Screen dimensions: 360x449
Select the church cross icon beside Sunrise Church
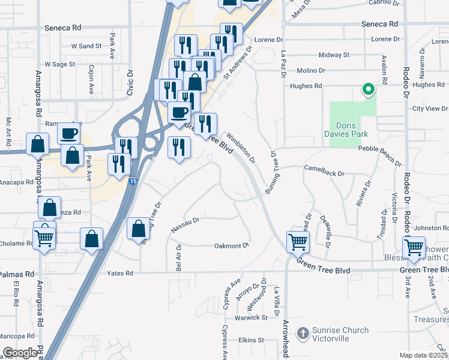point(304,333)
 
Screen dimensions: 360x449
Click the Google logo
point(20,353)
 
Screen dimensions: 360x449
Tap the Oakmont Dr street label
point(232,246)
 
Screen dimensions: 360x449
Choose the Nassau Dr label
point(185,226)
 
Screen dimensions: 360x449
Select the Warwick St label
point(251,317)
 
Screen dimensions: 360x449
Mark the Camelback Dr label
point(324,173)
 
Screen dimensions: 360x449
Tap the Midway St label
point(334,55)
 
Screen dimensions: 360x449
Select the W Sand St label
point(86,46)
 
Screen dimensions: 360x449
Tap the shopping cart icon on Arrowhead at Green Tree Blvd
point(298,242)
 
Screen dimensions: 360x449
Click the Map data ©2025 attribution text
point(424,355)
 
